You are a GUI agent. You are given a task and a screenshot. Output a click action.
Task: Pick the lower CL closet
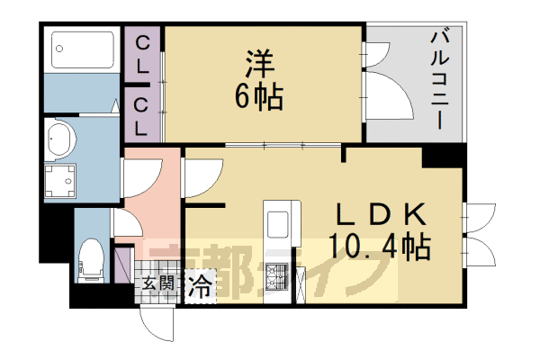[142, 114]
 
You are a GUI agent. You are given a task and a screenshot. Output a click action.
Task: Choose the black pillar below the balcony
[442, 155]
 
